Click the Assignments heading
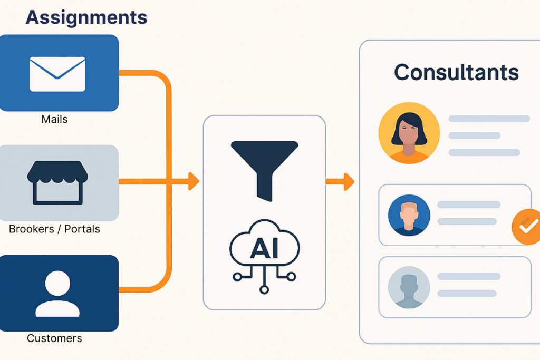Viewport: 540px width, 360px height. pos(86,17)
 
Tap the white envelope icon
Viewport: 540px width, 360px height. pos(57,74)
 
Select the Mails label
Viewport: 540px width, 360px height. pos(54,119)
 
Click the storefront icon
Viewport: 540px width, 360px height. pos(57,182)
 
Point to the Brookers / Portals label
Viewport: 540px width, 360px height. pos(54,229)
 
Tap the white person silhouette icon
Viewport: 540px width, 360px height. pos(57,293)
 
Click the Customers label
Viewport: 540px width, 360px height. pos(54,338)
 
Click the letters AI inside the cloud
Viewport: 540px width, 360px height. pos(264,248)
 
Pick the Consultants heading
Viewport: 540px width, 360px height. pos(456,72)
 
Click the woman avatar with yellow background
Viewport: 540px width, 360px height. pos(409,133)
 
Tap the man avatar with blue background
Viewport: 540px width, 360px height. pos(409,215)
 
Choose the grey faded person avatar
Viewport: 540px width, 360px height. pos(409,287)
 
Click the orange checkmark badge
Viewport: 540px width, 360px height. pos(526,227)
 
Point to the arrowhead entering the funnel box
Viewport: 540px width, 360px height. pos(194,181)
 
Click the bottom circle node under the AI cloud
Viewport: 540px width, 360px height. pos(264,289)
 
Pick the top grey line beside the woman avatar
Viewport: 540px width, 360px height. pos(489,119)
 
